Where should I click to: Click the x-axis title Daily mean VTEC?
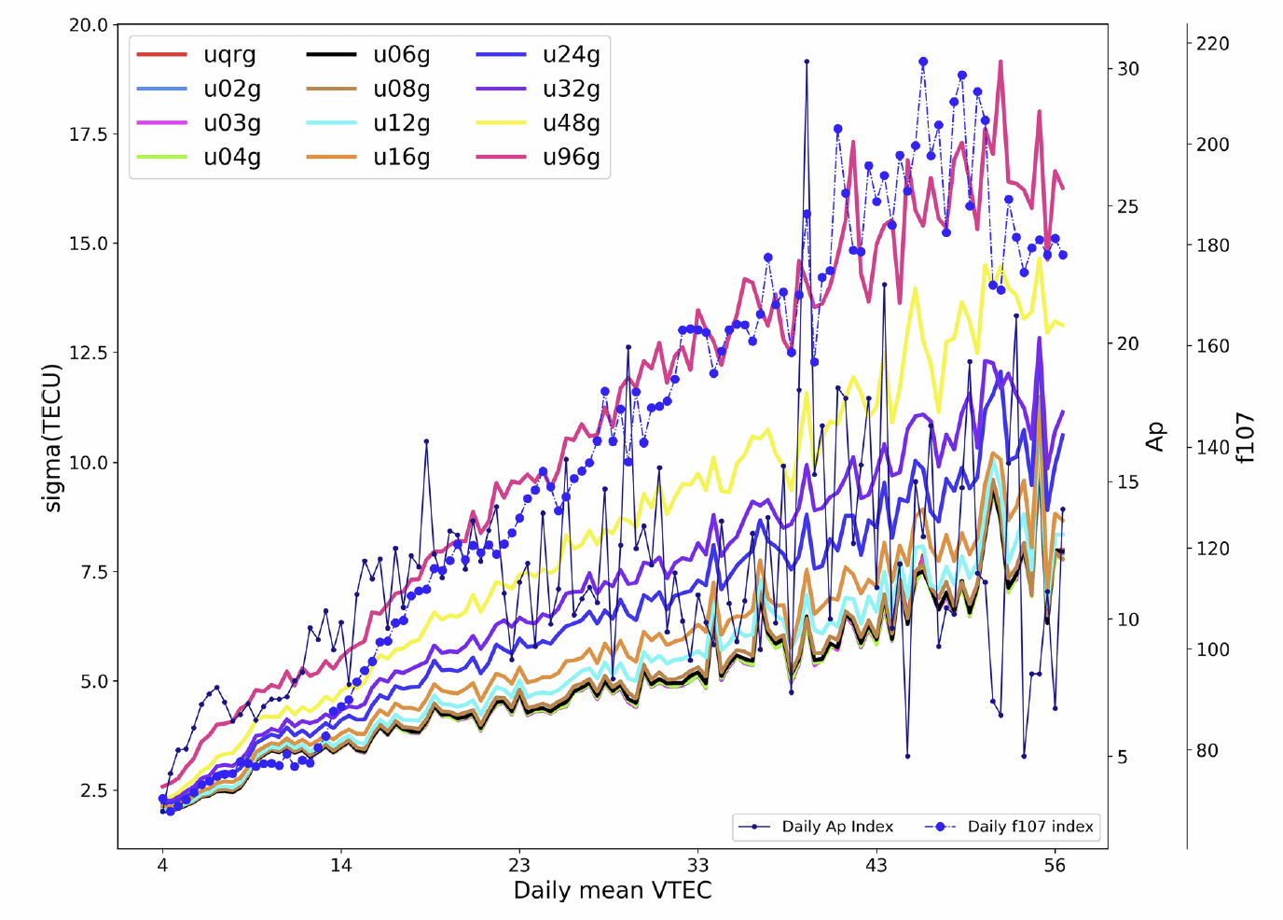(x=613, y=890)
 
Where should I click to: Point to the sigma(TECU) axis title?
(x=52, y=438)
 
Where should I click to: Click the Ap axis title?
(x=1155, y=437)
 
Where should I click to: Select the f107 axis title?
(x=1246, y=438)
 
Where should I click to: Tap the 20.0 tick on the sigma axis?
(x=89, y=25)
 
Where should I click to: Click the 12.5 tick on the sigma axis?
(x=89, y=353)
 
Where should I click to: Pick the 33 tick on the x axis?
(x=697, y=865)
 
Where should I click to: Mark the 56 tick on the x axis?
(x=1055, y=865)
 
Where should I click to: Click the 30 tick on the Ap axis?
(x=1128, y=69)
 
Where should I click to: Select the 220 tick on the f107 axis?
(x=1213, y=44)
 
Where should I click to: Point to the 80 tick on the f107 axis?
(x=1207, y=750)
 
